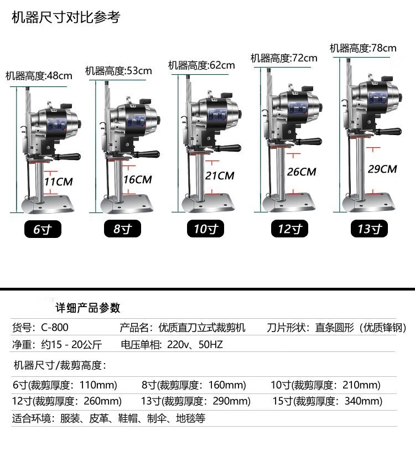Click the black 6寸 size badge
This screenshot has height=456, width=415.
point(43,229)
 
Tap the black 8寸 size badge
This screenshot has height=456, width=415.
point(122,229)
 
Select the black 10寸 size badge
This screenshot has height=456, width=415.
point(205,229)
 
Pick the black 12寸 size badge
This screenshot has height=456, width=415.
point(289,229)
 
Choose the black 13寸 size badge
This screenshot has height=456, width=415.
point(369,229)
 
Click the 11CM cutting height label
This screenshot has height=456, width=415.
point(59,182)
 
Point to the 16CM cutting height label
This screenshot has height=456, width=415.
point(138,179)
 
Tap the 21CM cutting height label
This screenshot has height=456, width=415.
point(220,175)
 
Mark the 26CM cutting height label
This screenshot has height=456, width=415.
point(302,172)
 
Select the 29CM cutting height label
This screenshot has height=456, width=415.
point(382,169)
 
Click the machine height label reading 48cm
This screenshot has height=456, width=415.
point(39,76)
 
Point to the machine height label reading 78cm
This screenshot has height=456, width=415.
point(363,48)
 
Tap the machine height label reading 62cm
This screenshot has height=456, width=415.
point(201,65)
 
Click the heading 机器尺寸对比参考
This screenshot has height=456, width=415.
point(66,17)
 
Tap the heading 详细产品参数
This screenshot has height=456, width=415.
point(88,308)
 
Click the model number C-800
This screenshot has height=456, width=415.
point(55,328)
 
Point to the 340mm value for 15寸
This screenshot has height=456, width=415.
point(363,401)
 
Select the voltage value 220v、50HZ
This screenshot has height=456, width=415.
point(195,345)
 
